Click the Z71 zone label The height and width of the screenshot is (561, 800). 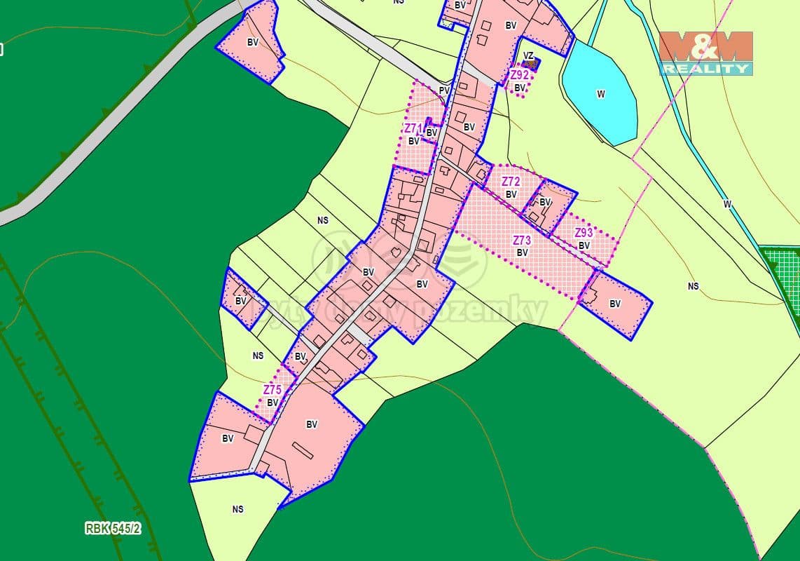click(413, 128)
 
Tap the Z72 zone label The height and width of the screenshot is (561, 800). click(511, 182)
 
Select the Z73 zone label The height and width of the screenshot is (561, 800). click(522, 241)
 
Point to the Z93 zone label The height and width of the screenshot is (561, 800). click(584, 233)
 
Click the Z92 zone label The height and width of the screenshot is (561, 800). click(519, 74)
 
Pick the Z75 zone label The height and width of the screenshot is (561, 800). click(273, 390)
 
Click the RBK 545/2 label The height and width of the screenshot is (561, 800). click(113, 529)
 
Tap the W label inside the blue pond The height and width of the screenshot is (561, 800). click(600, 94)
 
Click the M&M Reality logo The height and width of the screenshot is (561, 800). click(705, 53)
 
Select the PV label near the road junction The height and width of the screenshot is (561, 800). click(443, 90)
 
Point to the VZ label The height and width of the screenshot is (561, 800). click(528, 55)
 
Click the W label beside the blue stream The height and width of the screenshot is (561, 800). click(727, 204)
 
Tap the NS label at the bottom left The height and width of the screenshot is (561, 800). click(237, 509)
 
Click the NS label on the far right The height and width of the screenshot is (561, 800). click(693, 286)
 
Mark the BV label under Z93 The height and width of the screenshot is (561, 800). click(584, 245)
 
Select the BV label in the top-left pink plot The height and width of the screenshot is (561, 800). click(252, 42)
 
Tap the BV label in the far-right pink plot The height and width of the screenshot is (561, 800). click(615, 304)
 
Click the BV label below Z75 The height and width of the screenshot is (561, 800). click(273, 403)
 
